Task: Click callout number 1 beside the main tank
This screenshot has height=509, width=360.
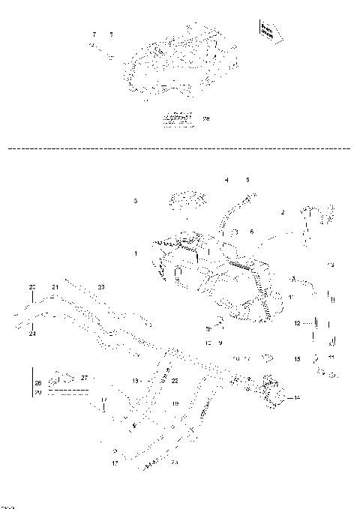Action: click(x=135, y=254)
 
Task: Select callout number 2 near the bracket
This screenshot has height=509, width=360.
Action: click(x=283, y=212)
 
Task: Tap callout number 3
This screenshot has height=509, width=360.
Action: click(x=135, y=201)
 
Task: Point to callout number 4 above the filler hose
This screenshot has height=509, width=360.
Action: click(x=226, y=180)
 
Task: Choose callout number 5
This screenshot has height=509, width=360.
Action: click(x=247, y=180)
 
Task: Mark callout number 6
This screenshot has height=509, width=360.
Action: click(x=252, y=231)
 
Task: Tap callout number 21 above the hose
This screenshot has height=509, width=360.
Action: click(x=55, y=287)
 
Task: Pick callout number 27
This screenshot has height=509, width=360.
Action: click(x=85, y=377)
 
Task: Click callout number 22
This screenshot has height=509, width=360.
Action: click(x=175, y=381)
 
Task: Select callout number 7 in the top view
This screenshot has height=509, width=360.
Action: click(x=94, y=35)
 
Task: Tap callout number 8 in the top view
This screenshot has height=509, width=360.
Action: click(x=111, y=35)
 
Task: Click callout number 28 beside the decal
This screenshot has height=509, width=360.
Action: click(x=206, y=118)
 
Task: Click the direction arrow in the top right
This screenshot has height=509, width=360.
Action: click(x=267, y=30)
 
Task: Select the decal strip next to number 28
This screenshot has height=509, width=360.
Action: click(x=178, y=118)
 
